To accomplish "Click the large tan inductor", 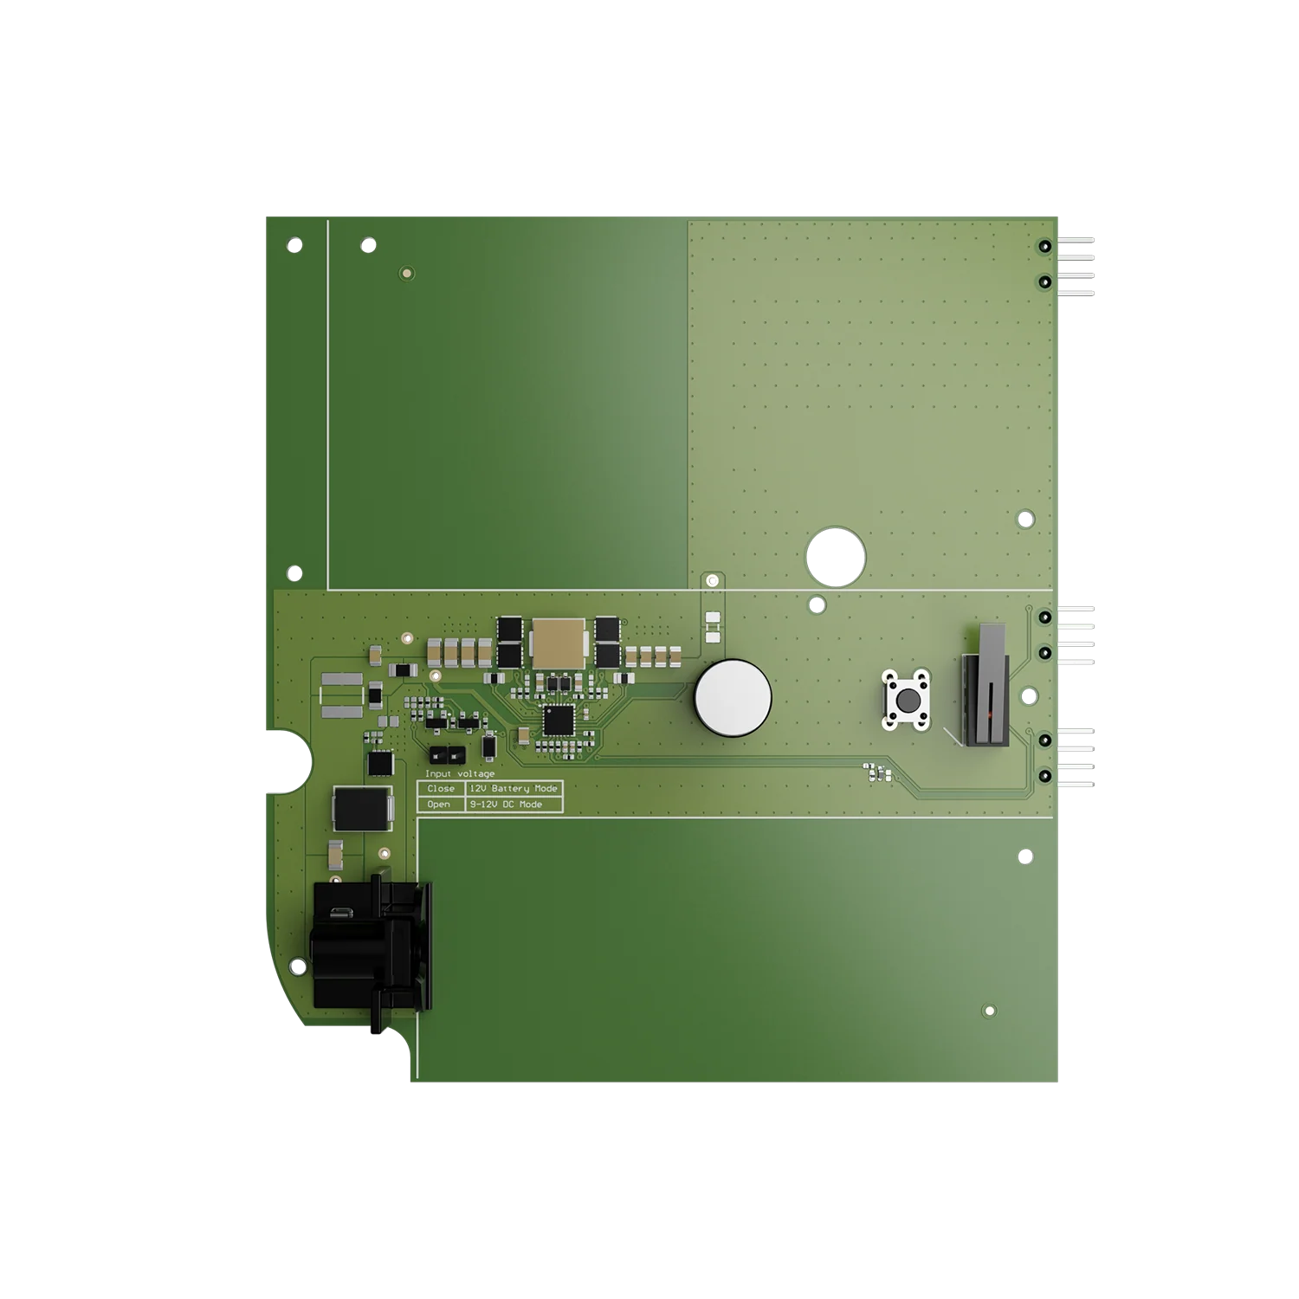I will coord(559,643).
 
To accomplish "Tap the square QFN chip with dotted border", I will coord(558,719).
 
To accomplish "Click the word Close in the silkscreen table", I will coord(441,789).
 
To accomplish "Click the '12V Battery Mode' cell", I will coord(514,789).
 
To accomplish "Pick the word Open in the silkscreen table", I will coord(439,805).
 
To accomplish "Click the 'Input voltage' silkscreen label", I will coord(460,773).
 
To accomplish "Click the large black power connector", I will coord(368,944).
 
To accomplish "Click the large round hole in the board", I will coord(837,555).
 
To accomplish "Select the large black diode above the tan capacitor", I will coord(362,808).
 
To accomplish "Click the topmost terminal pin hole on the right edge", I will coord(1045,247).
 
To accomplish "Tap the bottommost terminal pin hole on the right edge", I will coord(1045,776).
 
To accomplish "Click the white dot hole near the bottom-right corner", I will coord(991,1011).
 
